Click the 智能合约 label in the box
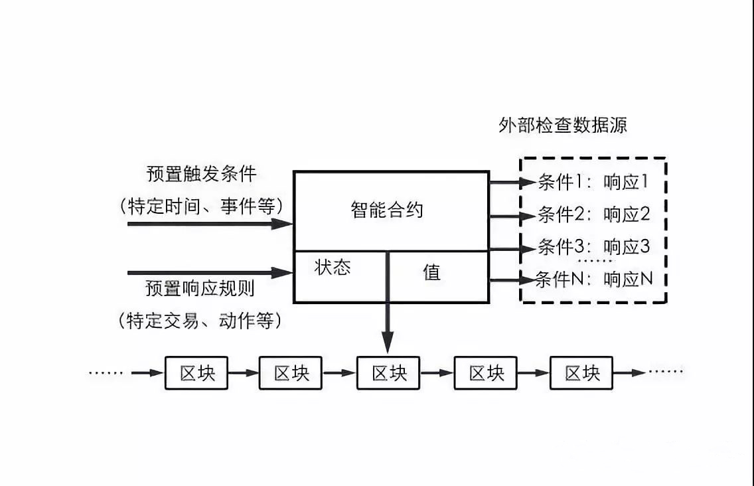coord(387,210)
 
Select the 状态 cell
coord(333,268)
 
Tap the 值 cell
coord(431,272)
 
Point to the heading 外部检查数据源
coord(563,125)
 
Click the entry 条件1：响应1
coord(592,182)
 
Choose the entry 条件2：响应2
coord(593,214)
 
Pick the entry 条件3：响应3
coord(593,247)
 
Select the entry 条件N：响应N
coord(593,280)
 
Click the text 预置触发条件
coord(201,175)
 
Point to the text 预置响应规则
coord(200,289)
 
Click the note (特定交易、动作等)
coord(200,321)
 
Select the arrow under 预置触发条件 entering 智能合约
coord(210,224)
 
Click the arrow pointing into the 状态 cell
coord(210,272)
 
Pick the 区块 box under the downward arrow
coord(389,373)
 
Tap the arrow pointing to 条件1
coord(512,181)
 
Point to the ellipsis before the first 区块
coord(106,373)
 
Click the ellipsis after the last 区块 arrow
coord(666,372)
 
